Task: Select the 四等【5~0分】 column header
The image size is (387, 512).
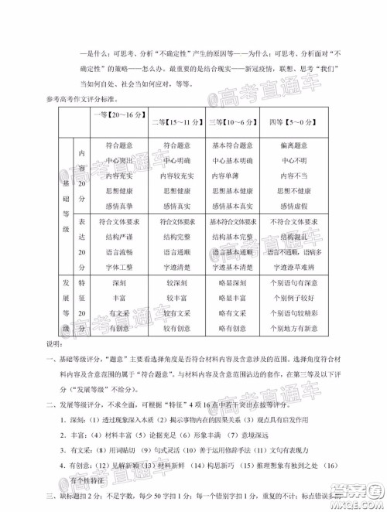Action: (x=290, y=121)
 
